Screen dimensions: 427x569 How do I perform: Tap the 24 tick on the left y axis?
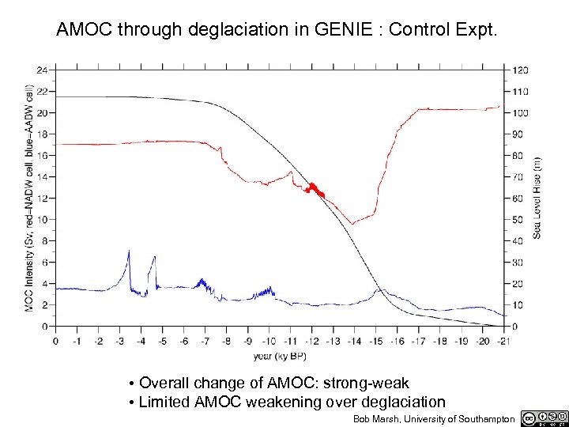42,70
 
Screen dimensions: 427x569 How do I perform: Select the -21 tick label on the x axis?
504,341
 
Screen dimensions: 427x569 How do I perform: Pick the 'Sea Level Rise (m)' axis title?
537,197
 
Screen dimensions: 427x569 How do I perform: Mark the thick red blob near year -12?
314,190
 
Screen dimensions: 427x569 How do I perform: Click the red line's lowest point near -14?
352,224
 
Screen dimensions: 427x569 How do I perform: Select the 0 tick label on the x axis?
55,341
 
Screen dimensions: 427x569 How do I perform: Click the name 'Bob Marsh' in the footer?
373,418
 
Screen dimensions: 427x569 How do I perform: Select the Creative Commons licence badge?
544,418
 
